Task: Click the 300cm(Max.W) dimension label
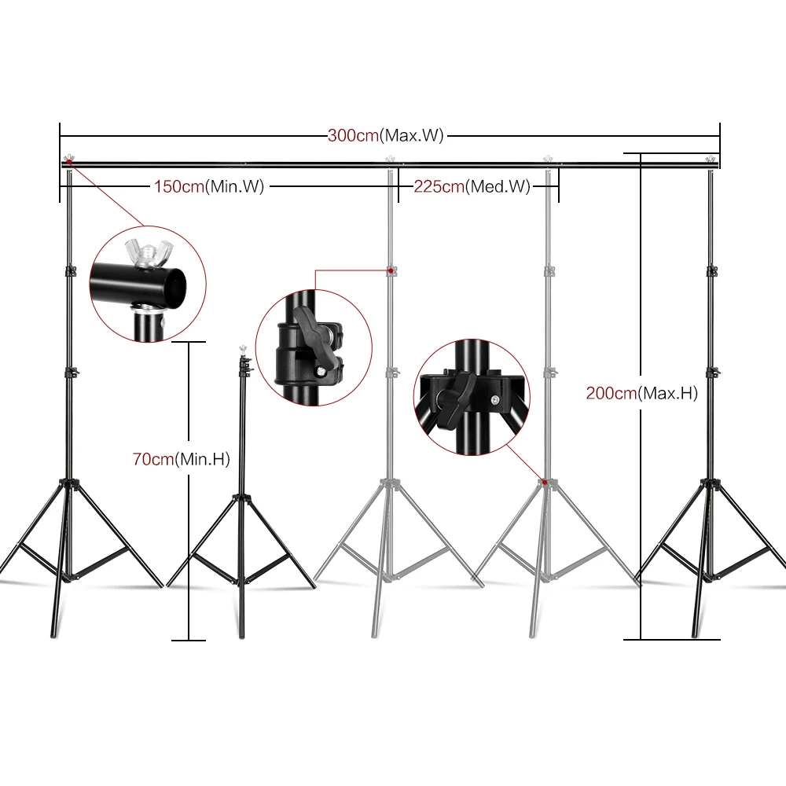click(x=386, y=135)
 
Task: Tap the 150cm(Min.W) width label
click(x=208, y=186)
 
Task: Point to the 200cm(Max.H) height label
click(x=641, y=393)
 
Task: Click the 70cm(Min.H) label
click(x=181, y=460)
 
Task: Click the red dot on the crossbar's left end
click(x=69, y=162)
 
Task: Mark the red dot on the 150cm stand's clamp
click(x=391, y=270)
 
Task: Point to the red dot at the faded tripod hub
click(x=544, y=480)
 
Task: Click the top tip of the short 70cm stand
click(x=243, y=346)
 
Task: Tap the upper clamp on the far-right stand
click(x=712, y=271)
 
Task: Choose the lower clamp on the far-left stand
click(x=71, y=371)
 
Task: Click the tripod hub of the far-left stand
click(x=70, y=482)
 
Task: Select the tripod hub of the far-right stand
click(x=711, y=482)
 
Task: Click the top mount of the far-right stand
click(x=712, y=162)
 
